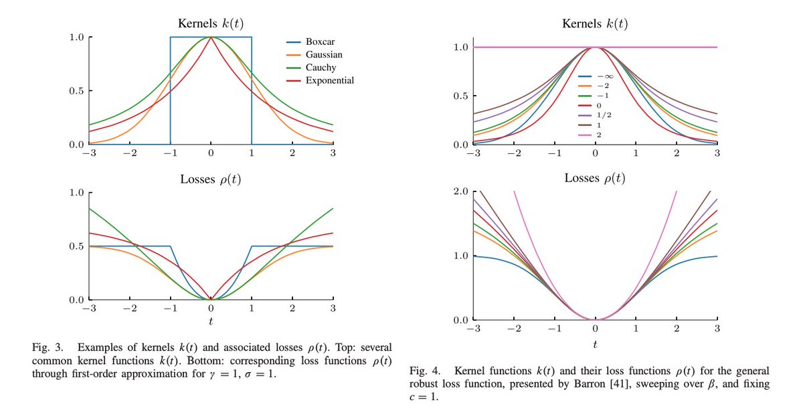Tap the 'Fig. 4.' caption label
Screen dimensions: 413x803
pos(422,371)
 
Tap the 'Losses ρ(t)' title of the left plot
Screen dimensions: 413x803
pos(211,179)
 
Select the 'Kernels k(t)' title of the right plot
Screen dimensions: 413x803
pos(595,24)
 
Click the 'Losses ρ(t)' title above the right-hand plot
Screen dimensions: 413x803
pos(595,178)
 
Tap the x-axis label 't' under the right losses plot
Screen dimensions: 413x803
pos(595,344)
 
